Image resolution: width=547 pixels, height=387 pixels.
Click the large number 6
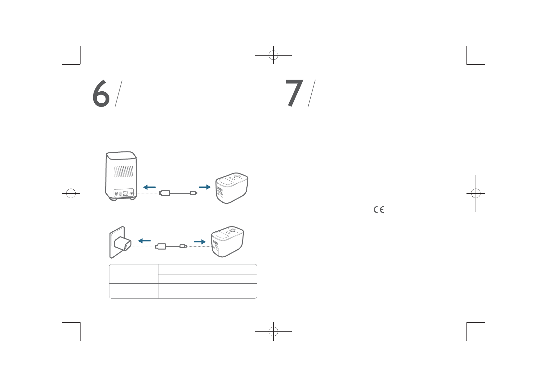pyautogui.click(x=101, y=94)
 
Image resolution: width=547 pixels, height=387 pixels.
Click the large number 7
pyautogui.click(x=294, y=93)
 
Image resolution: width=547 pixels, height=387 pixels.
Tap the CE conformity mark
pyautogui.click(x=379, y=210)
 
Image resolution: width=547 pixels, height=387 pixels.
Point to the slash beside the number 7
pyautogui.click(x=312, y=93)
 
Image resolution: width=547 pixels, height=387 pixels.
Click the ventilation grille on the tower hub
pyautogui.click(x=124, y=171)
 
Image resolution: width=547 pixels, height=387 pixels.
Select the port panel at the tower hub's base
pyautogui.click(x=124, y=193)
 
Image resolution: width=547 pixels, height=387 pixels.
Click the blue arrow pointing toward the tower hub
pyautogui.click(x=149, y=187)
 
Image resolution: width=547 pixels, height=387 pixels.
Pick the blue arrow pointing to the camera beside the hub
pyautogui.click(x=205, y=187)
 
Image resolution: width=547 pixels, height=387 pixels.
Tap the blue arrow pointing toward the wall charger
pyautogui.click(x=144, y=241)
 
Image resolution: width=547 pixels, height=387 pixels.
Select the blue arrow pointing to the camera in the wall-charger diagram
pyautogui.click(x=200, y=242)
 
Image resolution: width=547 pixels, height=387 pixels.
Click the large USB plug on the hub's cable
pyautogui.click(x=164, y=193)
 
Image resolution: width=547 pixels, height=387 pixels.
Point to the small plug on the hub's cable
pyautogui.click(x=194, y=193)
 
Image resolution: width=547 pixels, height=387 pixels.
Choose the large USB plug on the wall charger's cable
pyautogui.click(x=160, y=246)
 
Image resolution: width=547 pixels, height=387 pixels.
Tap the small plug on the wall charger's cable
pyautogui.click(x=183, y=246)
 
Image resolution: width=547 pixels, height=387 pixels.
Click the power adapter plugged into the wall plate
pyautogui.click(x=123, y=243)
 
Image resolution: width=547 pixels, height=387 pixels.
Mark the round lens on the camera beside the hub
pyautogui.click(x=237, y=176)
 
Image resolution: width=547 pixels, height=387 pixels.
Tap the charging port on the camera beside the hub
pyautogui.click(x=220, y=193)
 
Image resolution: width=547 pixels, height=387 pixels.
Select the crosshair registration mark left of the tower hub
pyautogui.click(x=71, y=193)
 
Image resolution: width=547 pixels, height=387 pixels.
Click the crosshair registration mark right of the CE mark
pyautogui.click(x=476, y=193)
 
